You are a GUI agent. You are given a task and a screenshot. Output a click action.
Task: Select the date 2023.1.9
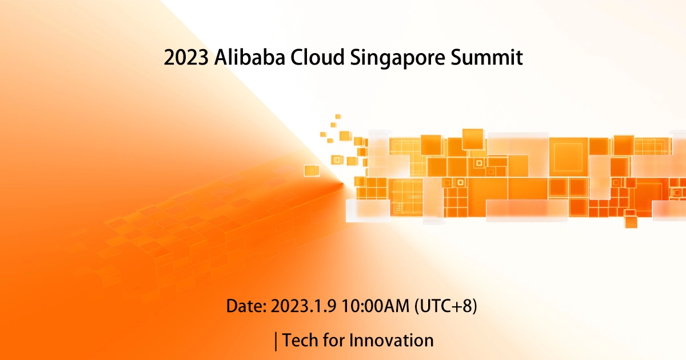click(304, 306)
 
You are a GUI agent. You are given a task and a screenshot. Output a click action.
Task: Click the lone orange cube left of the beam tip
click(312, 170)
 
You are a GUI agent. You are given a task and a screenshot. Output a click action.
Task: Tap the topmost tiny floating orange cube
click(338, 116)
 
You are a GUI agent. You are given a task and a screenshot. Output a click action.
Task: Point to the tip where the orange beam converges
click(343, 183)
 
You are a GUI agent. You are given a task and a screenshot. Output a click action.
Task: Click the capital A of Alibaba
click(220, 58)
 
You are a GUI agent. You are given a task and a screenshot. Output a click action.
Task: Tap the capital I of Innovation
click(352, 341)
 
